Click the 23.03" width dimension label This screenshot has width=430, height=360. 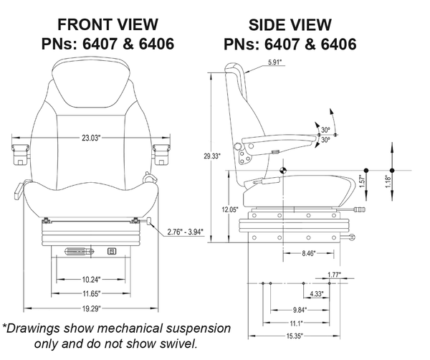click(91, 136)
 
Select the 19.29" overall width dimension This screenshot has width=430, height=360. click(91, 308)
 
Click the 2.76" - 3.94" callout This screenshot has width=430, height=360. click(184, 232)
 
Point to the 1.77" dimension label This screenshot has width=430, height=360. click(333, 275)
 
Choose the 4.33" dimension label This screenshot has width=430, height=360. click(316, 293)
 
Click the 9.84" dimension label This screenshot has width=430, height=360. click(301, 310)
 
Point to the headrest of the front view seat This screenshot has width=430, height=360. click(91, 77)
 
